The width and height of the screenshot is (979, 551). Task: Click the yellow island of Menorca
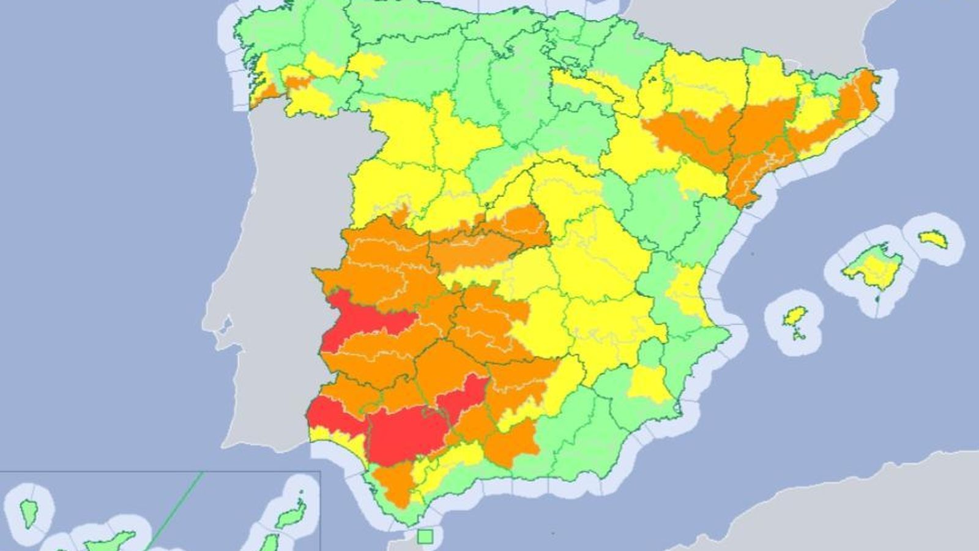[x=934, y=239]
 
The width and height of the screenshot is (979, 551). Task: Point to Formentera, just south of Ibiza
[x=799, y=335]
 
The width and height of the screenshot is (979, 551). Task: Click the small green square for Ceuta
[x=425, y=537]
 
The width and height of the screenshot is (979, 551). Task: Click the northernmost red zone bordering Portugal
[x=355, y=321]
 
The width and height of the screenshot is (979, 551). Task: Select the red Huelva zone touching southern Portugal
[x=333, y=416]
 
